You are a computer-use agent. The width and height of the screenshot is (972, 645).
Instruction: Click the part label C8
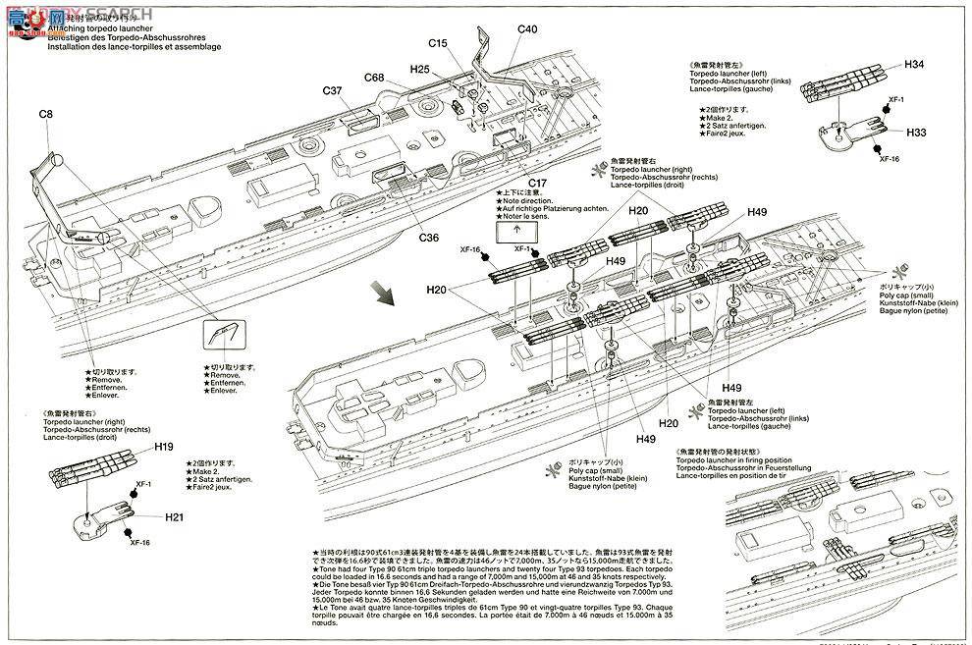coord(45,115)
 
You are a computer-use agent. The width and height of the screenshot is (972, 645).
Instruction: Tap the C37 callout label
coord(334,91)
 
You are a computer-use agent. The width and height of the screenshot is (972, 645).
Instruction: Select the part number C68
coord(374,78)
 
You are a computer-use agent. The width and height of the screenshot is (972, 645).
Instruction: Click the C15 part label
coord(438,43)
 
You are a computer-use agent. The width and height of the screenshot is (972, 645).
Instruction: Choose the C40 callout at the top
coord(527,29)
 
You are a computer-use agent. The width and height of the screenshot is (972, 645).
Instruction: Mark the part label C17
coord(537,184)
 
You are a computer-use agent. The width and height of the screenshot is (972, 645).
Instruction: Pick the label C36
coord(429,237)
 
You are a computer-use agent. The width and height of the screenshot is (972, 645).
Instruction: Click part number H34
coord(914,65)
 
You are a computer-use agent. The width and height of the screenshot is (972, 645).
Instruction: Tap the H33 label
coord(916,133)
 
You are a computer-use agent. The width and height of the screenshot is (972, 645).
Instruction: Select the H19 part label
coord(164,447)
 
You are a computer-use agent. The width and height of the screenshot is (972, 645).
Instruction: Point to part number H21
coord(174,517)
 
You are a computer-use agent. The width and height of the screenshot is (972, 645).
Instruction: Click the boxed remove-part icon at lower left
coord(218,336)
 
